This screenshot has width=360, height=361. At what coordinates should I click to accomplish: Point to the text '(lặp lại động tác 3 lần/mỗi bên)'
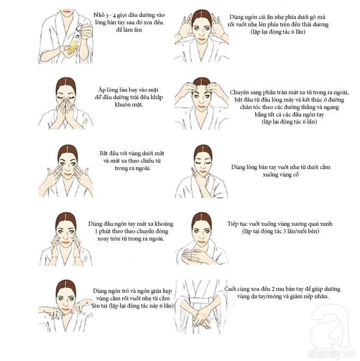(280, 232)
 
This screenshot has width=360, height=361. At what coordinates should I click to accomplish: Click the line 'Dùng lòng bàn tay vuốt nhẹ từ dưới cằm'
(280, 167)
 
